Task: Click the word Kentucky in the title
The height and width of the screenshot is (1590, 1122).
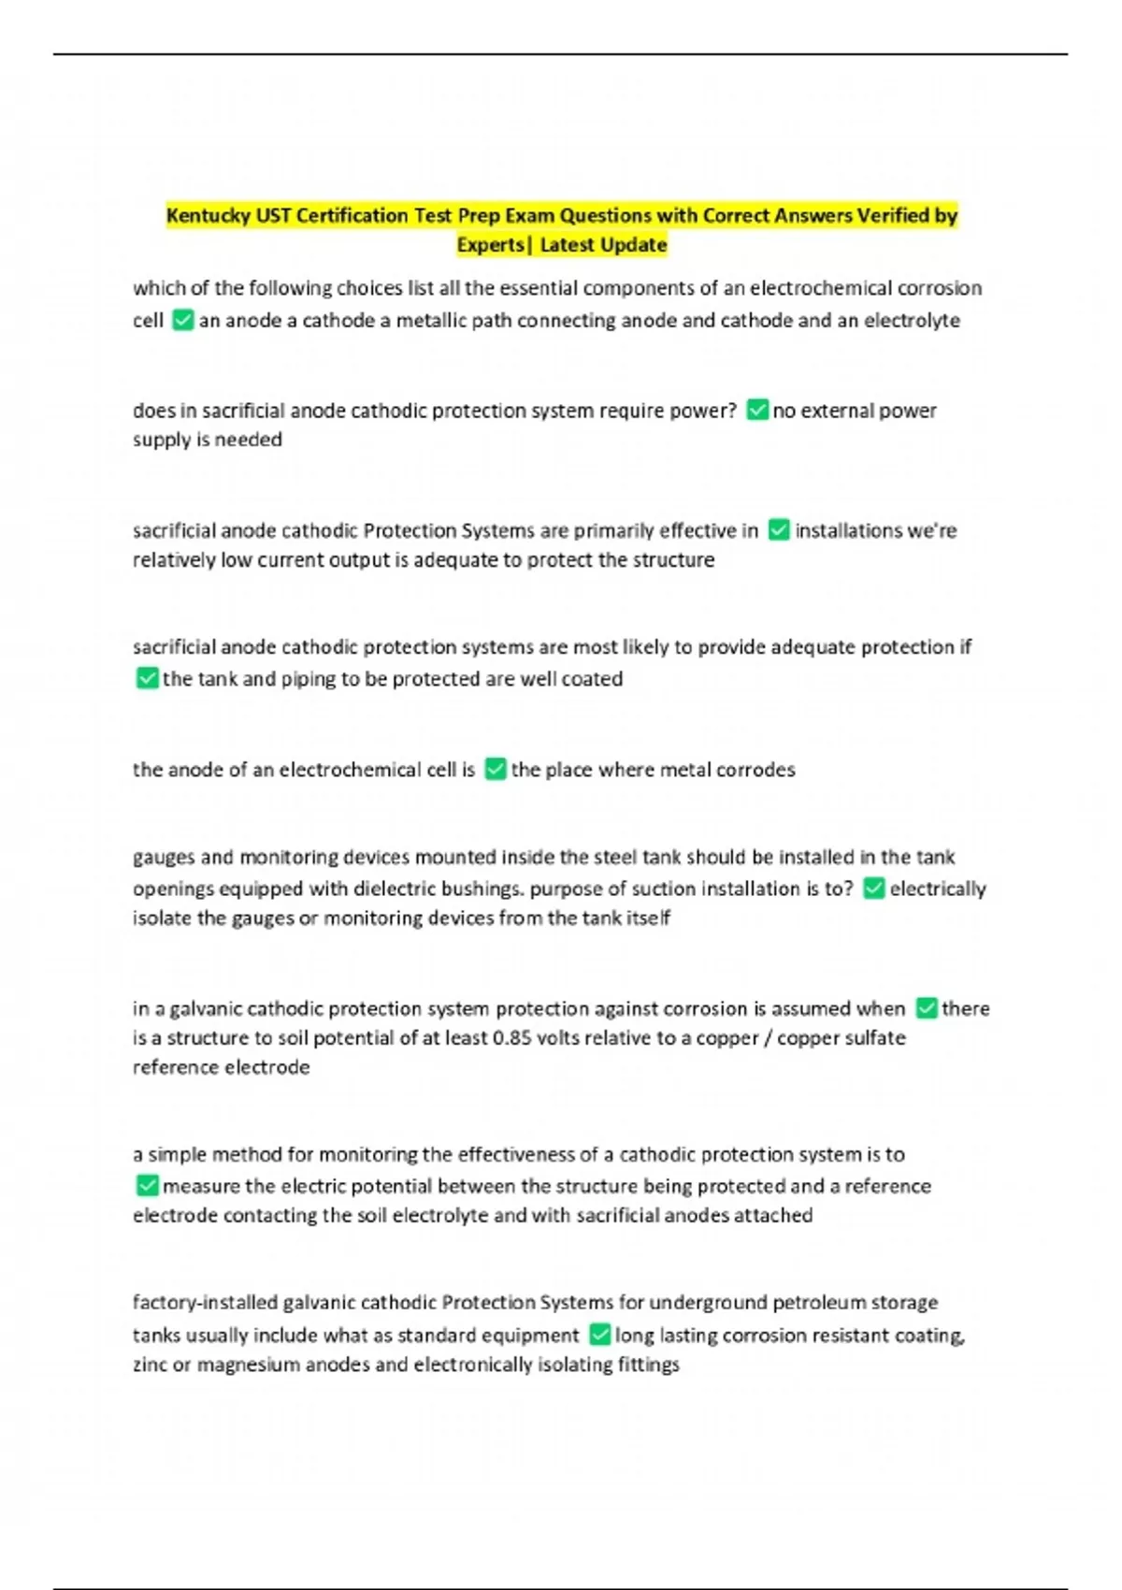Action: pos(208,216)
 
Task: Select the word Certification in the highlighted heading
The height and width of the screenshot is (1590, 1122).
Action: pos(352,216)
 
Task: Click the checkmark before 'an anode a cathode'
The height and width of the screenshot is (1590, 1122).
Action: pos(183,321)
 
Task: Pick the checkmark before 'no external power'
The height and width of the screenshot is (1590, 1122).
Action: pos(757,411)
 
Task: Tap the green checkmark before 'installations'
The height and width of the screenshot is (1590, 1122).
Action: pos(779,530)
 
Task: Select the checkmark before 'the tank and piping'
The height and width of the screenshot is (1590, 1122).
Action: pos(147,678)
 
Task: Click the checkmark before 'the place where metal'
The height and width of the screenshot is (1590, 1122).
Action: pos(496,770)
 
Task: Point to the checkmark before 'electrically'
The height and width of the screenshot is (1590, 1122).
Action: pos(874,889)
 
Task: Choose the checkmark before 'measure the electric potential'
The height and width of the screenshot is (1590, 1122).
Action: pos(147,1186)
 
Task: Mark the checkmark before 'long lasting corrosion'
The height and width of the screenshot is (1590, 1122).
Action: pos(600,1335)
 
